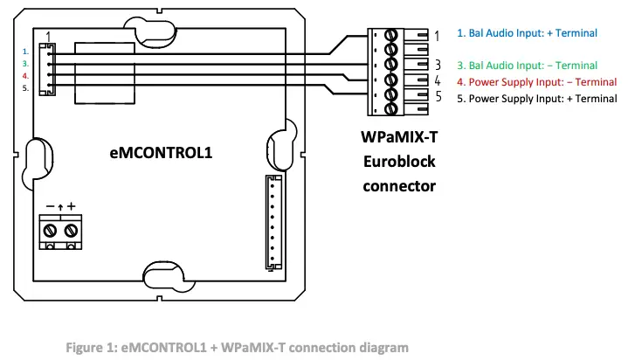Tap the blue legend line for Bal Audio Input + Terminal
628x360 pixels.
click(527, 33)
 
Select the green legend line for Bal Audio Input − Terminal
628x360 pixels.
click(527, 66)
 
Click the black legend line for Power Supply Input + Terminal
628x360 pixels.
click(537, 99)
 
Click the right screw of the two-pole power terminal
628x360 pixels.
click(71, 230)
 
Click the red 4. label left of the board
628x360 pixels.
click(26, 75)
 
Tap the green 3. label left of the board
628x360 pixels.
click(26, 64)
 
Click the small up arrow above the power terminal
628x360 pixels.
click(60, 207)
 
